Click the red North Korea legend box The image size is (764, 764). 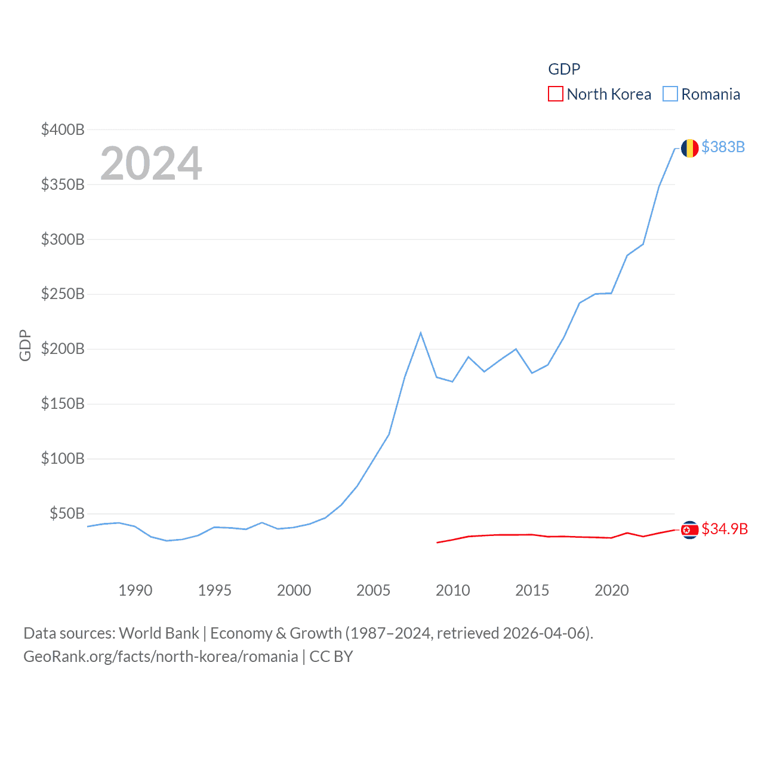555,94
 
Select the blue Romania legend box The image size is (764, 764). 670,94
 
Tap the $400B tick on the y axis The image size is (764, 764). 63,130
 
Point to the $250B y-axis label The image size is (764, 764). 63,294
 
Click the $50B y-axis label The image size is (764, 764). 67,513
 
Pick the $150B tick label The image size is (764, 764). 63,404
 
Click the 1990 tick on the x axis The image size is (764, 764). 135,590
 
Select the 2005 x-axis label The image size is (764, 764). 374,590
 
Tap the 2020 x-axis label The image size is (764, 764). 612,590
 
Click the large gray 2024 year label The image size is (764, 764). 151,164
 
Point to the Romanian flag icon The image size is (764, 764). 690,148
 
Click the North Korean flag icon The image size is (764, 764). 690,529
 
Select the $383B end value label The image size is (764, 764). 723,147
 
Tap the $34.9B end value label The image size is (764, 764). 725,529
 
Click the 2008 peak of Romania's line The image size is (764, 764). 421,332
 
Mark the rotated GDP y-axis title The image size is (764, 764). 25,345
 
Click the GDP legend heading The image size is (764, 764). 564,69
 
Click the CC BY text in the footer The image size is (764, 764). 331,657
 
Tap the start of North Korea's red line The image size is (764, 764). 438,543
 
